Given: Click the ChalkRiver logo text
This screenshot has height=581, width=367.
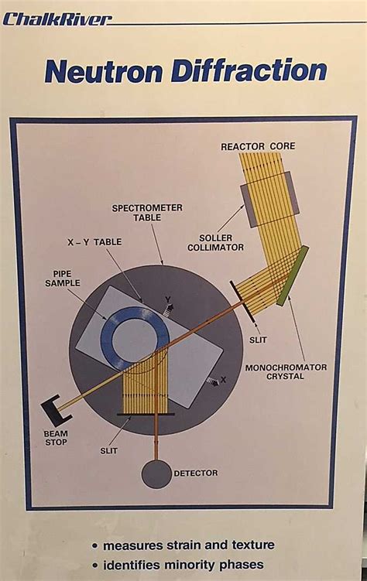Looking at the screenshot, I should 56,19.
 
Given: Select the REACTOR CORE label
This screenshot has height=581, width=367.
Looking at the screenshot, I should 258,145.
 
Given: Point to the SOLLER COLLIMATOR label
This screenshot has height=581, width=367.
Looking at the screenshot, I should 216,242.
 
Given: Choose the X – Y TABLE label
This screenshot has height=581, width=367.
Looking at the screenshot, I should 93,242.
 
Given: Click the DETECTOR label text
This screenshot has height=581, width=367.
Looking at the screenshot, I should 197,473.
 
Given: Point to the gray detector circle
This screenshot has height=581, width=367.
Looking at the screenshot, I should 156,473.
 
